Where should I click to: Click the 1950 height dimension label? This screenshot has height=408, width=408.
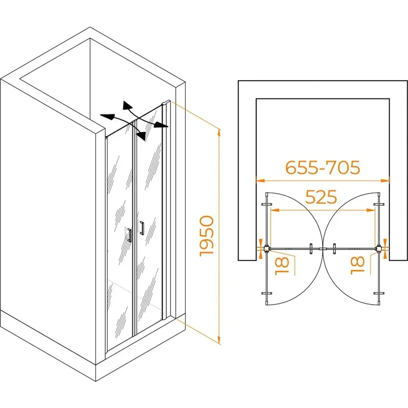207,236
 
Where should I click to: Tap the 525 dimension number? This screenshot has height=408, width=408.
321,197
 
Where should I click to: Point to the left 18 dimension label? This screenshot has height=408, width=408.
282,266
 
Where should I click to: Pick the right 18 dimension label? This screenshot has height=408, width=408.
357,266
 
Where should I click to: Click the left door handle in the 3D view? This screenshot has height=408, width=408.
129,235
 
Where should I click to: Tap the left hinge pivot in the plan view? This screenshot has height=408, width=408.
267,248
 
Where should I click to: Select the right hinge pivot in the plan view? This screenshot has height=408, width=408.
379,248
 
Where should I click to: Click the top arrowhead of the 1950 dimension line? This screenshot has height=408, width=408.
220,132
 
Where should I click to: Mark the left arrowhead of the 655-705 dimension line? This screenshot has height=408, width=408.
260,180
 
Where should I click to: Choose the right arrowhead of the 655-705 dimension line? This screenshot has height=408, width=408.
386,180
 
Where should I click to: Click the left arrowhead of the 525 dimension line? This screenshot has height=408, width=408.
275,210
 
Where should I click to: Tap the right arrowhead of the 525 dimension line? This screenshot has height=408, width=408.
371,210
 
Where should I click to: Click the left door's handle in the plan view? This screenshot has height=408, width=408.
311,249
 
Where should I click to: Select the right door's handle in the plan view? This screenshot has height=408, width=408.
335,249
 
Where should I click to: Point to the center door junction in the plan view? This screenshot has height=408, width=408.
323,249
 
